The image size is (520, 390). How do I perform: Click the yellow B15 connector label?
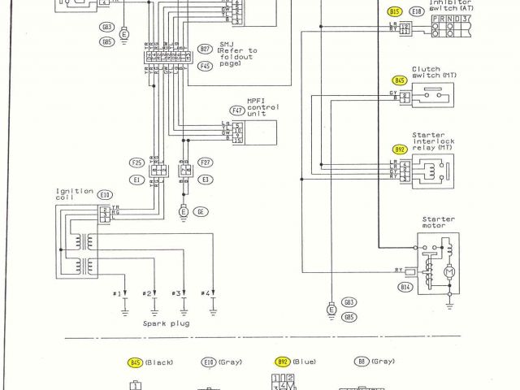pos(395,12)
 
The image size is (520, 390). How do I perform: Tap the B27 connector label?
pos(206,49)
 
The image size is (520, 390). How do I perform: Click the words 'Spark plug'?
pos(160,323)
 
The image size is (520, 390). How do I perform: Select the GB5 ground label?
pos(349,316)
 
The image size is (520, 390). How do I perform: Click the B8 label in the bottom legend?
pos(362,362)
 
